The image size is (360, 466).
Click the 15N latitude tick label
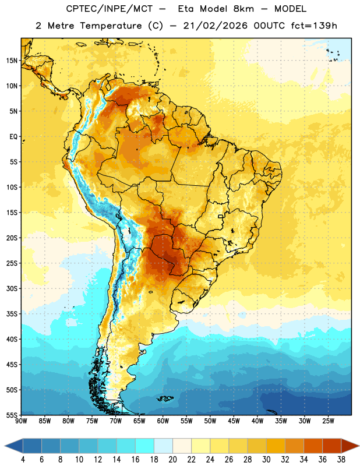click(x=12, y=61)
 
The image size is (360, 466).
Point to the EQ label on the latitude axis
click(x=13, y=137)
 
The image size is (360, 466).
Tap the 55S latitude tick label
click(x=12, y=415)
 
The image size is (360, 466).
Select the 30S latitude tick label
click(x=12, y=288)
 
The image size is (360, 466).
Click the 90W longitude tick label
click(x=21, y=421)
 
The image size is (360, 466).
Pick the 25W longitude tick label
click(x=328, y=421)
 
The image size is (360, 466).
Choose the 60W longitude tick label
click(x=163, y=421)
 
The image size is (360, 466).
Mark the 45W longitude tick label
click(x=234, y=421)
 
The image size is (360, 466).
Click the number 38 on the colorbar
click(x=341, y=460)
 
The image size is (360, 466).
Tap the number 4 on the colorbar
click(x=23, y=460)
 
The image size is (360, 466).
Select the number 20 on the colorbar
click(x=172, y=460)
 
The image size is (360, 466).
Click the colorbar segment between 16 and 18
click(x=145, y=446)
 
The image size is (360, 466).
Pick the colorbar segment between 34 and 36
click(x=313, y=446)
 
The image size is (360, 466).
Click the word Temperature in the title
click(x=111, y=26)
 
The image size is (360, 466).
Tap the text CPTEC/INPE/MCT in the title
click(x=109, y=9)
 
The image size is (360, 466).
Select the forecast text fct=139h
click(x=314, y=26)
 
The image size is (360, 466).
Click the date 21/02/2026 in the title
click(x=216, y=26)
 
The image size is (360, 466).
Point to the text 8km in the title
click(x=243, y=9)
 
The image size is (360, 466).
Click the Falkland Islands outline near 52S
click(x=165, y=398)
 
